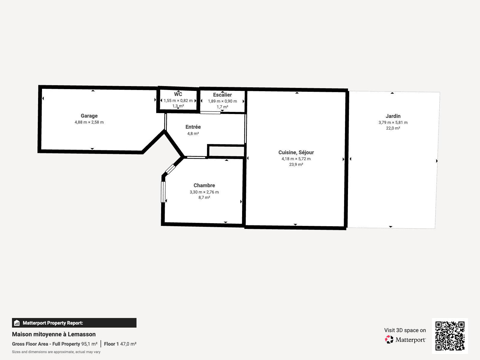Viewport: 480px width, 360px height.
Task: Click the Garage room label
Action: click(x=89, y=116)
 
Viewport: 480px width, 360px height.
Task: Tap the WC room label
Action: click(x=178, y=94)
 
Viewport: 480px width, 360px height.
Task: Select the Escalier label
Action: click(x=222, y=95)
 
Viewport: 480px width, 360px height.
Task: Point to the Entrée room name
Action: click(x=193, y=127)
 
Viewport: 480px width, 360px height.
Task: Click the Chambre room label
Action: click(x=204, y=185)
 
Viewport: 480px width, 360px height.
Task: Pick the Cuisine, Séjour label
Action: click(x=296, y=152)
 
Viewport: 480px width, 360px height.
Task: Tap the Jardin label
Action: click(x=393, y=116)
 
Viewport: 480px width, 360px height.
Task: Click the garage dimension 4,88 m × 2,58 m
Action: click(x=89, y=122)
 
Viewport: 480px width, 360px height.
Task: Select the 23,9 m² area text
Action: click(x=296, y=164)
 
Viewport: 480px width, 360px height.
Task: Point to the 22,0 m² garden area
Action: click(x=393, y=128)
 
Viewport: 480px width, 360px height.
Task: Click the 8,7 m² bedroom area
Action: click(x=204, y=198)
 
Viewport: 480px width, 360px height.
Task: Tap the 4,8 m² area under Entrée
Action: click(x=193, y=133)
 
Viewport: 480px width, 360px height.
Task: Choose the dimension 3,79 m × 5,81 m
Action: click(x=393, y=123)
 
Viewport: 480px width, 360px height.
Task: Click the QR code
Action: click(x=450, y=336)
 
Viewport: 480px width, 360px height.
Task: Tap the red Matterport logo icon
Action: click(x=389, y=340)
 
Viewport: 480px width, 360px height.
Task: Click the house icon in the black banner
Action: click(x=17, y=323)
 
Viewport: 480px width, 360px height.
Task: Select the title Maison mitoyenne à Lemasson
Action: click(x=54, y=334)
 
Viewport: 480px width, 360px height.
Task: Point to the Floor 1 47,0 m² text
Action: click(x=120, y=344)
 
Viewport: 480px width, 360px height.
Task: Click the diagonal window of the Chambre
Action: click(x=170, y=169)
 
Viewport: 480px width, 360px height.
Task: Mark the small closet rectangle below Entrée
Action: click(x=226, y=151)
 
